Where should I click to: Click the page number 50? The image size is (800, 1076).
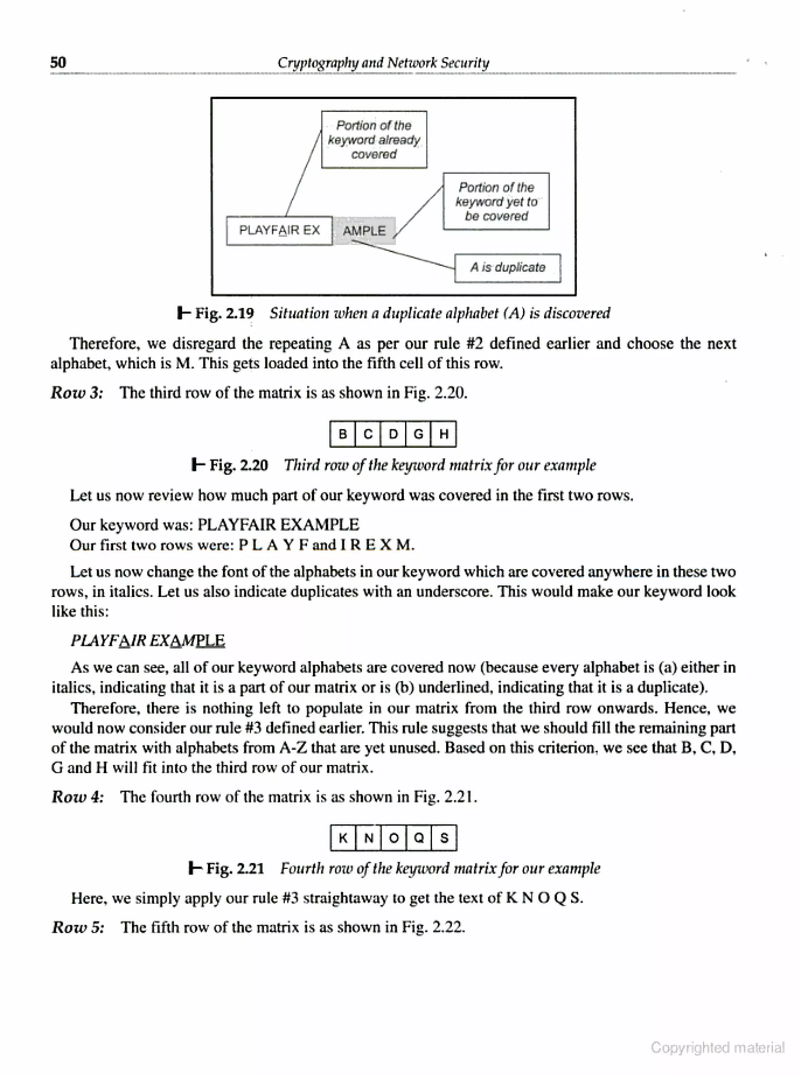58,62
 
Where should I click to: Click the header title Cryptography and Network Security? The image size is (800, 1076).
383,62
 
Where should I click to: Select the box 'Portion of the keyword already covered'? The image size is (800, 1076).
374,140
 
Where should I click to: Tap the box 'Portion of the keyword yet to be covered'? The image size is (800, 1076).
496,201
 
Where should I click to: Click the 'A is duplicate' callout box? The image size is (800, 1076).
507,268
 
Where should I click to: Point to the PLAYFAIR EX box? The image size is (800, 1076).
279,230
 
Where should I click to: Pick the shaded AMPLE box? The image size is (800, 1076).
364,231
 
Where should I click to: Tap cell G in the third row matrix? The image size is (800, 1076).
418,434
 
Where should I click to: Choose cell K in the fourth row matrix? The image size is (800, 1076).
343,838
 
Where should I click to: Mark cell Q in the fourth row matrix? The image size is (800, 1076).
419,838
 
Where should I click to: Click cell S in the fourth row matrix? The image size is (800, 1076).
444,838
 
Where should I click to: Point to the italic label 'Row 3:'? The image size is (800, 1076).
77,392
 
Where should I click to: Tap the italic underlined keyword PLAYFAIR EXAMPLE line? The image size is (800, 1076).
148,640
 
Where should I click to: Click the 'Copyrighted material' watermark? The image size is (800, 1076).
717,1048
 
